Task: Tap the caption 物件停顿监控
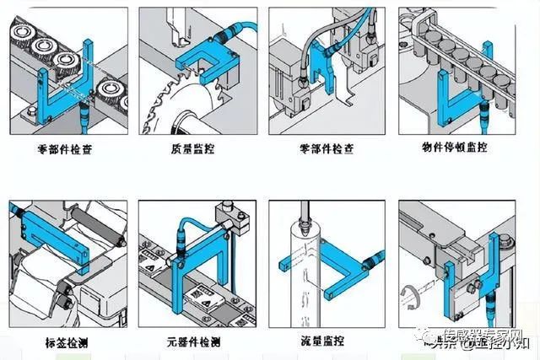tap(456, 148)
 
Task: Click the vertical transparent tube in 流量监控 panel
tap(300, 278)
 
